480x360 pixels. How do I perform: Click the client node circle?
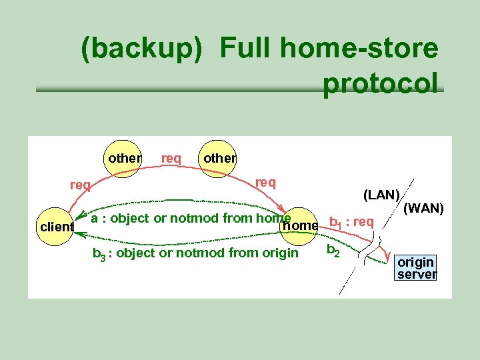point(56,227)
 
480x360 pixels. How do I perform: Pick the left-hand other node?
point(124,158)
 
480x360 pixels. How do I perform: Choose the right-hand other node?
point(219,158)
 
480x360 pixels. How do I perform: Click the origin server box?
point(415,267)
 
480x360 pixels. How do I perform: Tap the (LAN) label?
point(381,195)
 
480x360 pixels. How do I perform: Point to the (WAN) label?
point(423,208)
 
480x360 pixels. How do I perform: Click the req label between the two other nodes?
point(171,158)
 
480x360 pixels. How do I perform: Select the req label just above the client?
point(80,185)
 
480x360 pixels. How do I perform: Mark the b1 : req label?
point(351,222)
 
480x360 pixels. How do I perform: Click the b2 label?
point(333,251)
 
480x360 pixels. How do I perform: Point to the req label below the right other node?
point(265,181)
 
